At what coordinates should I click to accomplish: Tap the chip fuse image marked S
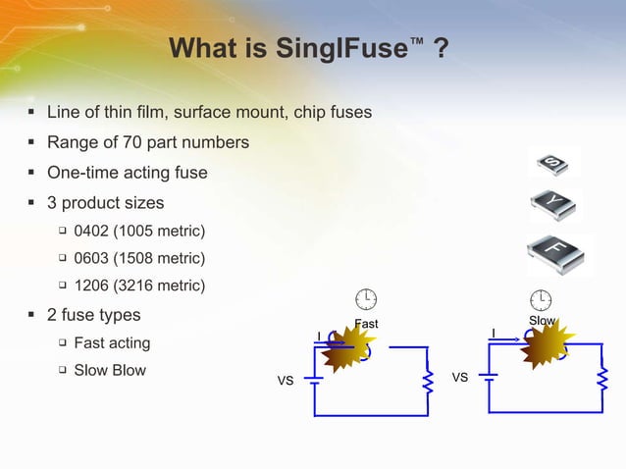click(553, 162)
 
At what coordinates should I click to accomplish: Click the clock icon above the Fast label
click(366, 298)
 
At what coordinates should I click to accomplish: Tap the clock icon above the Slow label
click(541, 298)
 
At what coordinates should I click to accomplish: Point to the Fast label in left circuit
click(366, 325)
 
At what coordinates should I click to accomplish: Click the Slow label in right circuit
click(543, 322)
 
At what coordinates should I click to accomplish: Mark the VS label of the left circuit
click(286, 380)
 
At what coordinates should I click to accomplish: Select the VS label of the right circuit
click(459, 377)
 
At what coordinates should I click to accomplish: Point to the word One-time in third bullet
click(81, 173)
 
